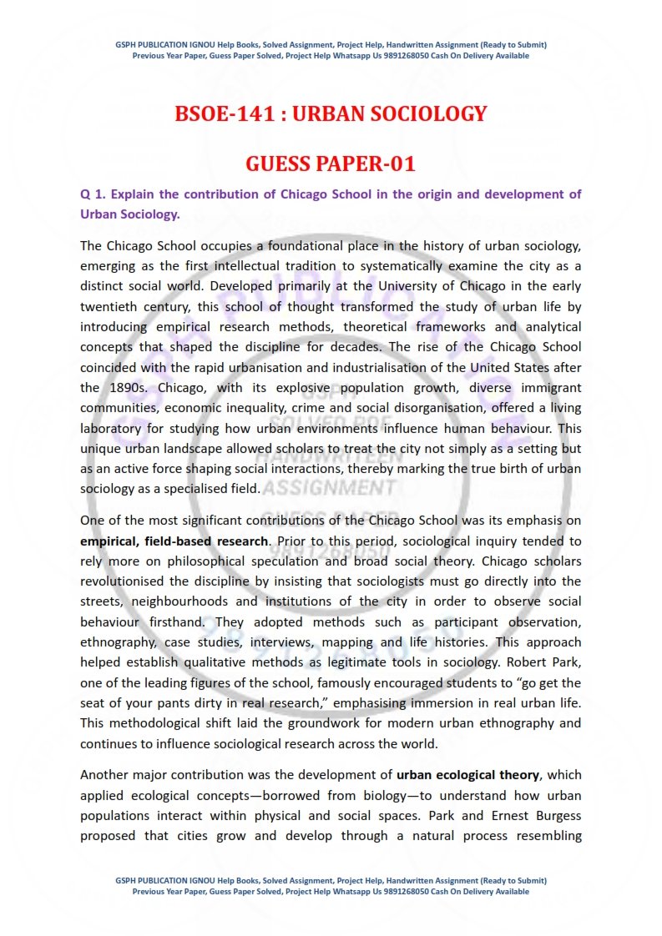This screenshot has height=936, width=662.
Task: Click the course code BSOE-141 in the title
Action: (x=220, y=113)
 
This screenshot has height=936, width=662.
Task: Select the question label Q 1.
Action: (x=92, y=194)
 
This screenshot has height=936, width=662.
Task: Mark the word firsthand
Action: (x=177, y=621)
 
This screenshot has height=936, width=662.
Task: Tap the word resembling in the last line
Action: (x=542, y=835)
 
